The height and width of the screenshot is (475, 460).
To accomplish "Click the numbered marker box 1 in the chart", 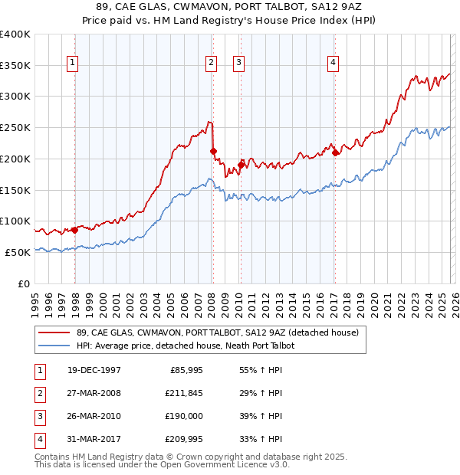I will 72,64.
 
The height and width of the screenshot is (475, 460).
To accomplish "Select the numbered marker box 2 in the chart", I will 210,64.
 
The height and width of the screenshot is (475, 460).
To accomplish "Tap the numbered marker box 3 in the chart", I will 238,64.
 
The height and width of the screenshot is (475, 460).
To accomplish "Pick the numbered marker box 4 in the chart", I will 333,64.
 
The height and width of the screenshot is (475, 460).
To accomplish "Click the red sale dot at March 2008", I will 214,151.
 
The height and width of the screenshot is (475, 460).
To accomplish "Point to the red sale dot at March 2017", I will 336,152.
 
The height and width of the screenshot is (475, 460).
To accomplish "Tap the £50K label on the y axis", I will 18,252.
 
